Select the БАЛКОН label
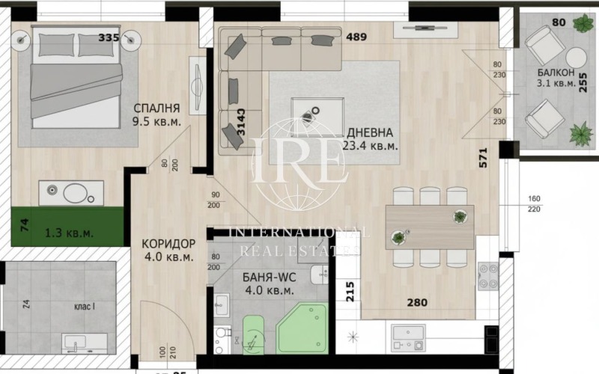point(555,73)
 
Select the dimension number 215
point(350,289)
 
